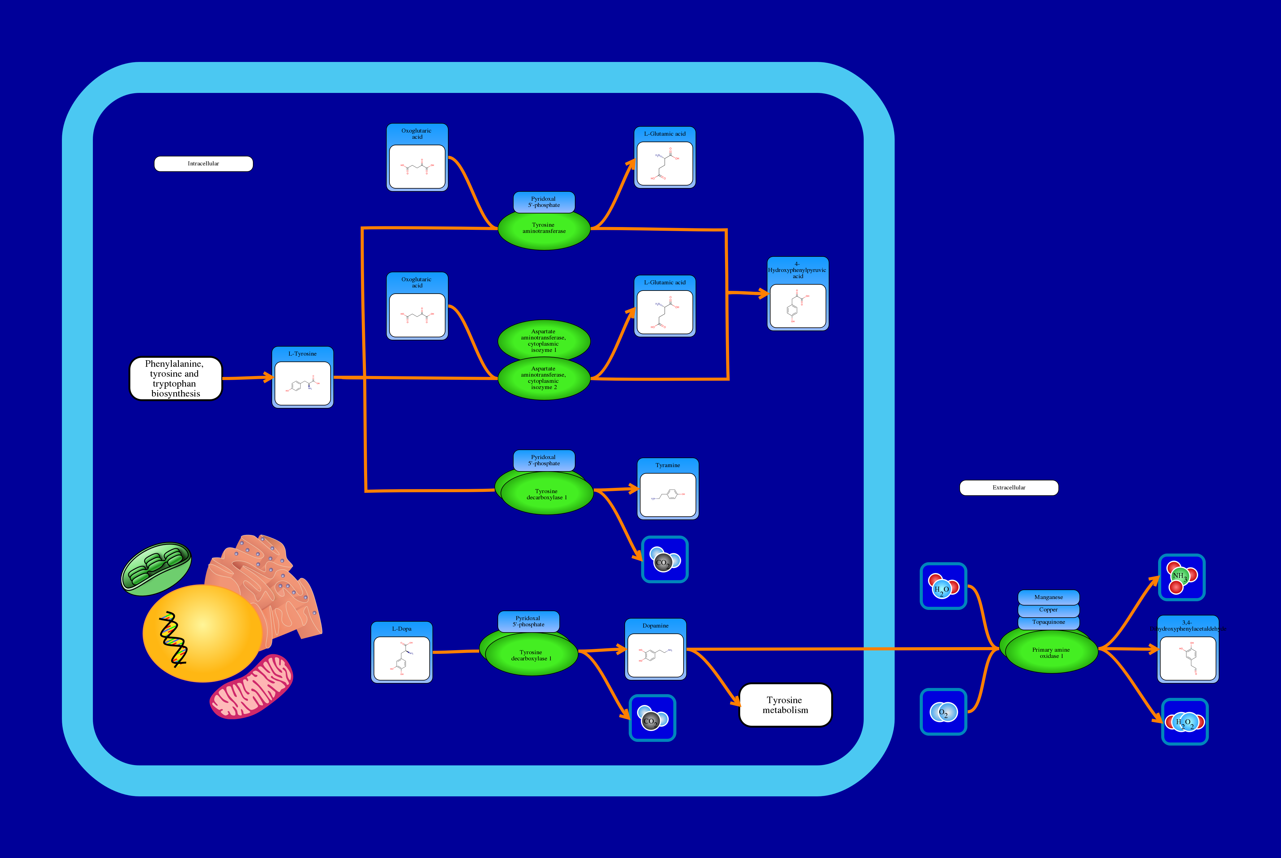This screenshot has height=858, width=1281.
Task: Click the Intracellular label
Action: click(x=203, y=164)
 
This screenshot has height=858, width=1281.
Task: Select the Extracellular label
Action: click(x=1009, y=488)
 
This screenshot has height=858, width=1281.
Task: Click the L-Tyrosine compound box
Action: click(x=302, y=378)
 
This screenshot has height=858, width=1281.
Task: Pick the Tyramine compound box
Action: click(x=667, y=489)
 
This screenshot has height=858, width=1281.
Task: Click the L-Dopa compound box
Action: click(x=401, y=652)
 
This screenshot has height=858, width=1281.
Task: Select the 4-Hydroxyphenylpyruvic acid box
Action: click(x=798, y=294)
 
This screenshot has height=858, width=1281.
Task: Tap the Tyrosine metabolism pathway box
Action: click(x=785, y=705)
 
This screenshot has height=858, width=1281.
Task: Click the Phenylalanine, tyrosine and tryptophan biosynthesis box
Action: click(x=176, y=378)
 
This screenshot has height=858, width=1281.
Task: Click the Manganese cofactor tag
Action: click(x=1048, y=597)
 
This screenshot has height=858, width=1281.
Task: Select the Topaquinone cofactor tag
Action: click(x=1048, y=622)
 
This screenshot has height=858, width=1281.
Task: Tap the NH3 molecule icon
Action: click(x=1182, y=577)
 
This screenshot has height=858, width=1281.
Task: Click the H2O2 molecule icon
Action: click(x=1184, y=722)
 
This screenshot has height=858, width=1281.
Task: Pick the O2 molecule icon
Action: click(x=943, y=712)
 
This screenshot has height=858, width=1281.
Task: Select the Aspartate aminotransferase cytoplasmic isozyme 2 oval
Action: click(x=544, y=379)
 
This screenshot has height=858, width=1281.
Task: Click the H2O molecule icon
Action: click(x=943, y=586)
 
